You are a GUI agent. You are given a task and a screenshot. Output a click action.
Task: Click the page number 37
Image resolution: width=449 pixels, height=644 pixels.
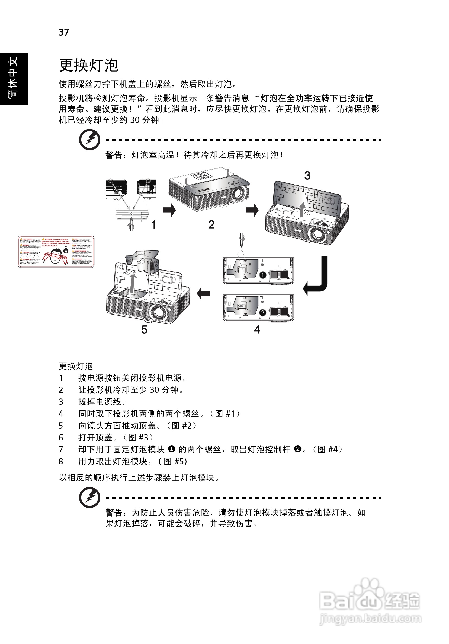[64, 32]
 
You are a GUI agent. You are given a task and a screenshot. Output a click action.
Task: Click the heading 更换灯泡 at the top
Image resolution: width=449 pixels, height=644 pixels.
[89, 65]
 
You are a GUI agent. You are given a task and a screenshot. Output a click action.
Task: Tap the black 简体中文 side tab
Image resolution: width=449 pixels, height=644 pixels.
[14, 79]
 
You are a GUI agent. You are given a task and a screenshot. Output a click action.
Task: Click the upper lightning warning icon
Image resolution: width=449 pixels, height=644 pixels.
[89, 139]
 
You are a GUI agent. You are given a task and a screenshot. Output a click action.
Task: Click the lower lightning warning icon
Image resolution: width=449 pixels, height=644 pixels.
[89, 497]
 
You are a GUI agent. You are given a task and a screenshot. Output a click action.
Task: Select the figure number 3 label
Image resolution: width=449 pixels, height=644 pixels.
[307, 176]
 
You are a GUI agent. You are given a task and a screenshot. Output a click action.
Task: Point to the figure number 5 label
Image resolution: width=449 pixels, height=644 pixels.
[144, 330]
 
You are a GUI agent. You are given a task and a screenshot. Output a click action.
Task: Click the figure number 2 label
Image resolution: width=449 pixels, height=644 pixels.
[211, 225]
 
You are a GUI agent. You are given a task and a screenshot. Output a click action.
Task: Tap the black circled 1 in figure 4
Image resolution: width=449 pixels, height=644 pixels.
[263, 275]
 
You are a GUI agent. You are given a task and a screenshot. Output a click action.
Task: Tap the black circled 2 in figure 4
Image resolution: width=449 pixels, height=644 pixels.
[263, 312]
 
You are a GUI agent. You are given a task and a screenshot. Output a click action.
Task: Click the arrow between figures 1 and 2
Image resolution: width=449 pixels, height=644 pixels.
[169, 210]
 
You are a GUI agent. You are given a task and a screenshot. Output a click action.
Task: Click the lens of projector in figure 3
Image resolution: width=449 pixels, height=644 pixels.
[317, 234]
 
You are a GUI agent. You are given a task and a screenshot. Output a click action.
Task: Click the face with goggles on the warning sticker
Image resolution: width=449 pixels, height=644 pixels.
[56, 256]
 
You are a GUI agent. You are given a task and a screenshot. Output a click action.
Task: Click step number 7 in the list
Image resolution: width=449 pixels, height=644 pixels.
[61, 449]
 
